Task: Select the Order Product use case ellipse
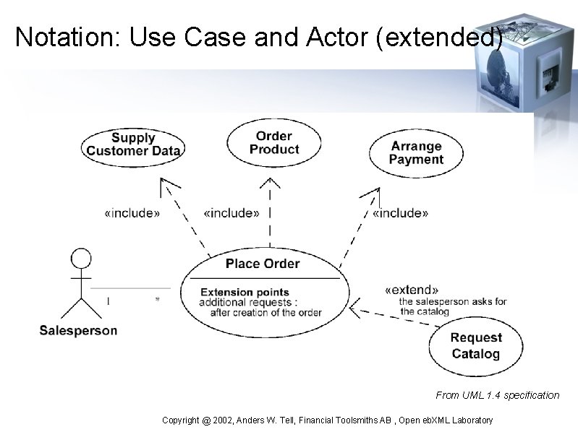[273, 142]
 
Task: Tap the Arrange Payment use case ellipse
[416, 152]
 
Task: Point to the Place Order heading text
[262, 264]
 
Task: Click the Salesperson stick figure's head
[81, 258]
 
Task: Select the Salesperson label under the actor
[78, 331]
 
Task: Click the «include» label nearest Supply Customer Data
[132, 213]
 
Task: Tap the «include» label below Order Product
[231, 213]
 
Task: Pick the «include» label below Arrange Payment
[400, 213]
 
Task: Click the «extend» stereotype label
[412, 289]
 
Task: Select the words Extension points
[234, 293]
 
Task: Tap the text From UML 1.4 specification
[497, 395]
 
